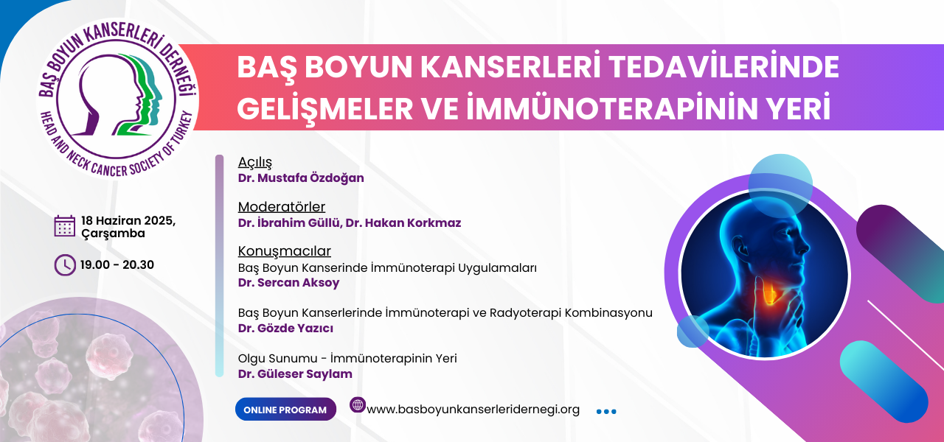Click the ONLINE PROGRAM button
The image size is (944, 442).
pos(285,409)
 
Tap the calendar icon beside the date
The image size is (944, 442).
pos(64,226)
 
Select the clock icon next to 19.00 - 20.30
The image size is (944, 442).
pos(65,264)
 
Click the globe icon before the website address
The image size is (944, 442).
pos(358,405)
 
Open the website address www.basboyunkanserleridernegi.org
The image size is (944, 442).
pos(473,409)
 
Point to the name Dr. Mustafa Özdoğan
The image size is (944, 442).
pos(301,178)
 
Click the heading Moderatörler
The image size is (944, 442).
pos(282,207)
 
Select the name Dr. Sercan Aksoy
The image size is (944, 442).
pos(288,282)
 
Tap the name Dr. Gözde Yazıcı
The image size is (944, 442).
pos(285,329)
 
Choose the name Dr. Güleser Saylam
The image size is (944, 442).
pos(295,373)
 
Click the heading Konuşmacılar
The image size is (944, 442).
pos(285,251)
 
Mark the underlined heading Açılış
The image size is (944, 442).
pos(255,162)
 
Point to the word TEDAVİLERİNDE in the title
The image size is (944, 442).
pos(724,67)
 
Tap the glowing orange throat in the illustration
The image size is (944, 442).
pos(769,292)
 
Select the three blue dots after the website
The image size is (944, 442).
pos(606,411)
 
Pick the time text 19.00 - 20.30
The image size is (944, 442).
pos(117,264)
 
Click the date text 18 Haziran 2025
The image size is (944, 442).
pos(128,220)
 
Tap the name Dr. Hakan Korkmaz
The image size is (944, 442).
pos(403,223)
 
